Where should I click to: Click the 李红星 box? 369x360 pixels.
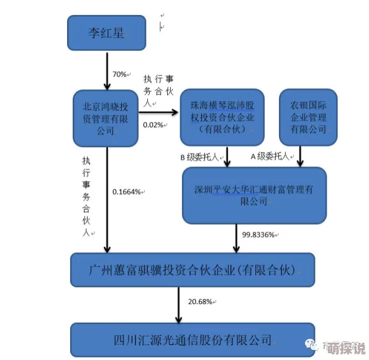pyautogui.click(x=107, y=32)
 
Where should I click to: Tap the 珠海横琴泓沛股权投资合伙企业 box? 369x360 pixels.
pyautogui.click(x=222, y=117)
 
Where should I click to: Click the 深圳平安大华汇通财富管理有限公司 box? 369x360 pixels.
pyautogui.click(x=253, y=194)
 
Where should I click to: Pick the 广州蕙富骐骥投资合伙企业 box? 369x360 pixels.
pyautogui.click(x=193, y=270)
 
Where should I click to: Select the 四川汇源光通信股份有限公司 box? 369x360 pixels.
pyautogui.click(x=193, y=340)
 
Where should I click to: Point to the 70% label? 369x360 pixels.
pyautogui.click(x=119, y=74)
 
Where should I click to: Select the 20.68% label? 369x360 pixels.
pyautogui.click(x=200, y=302)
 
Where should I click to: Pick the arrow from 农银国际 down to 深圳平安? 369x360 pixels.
pyautogui.click(x=300, y=156)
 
